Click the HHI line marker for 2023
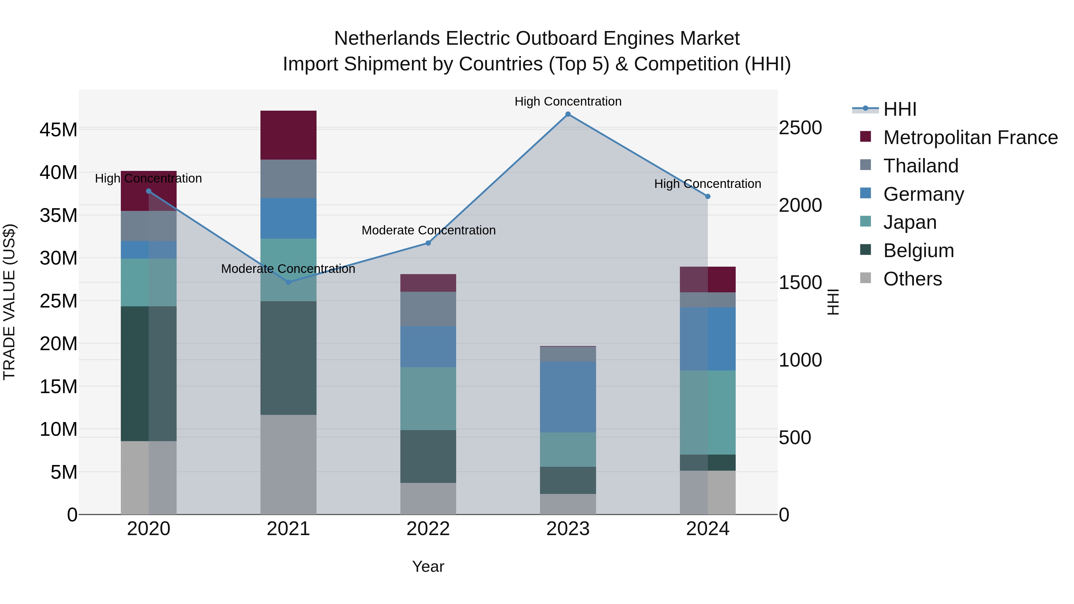(x=568, y=114)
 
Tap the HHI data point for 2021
(x=288, y=282)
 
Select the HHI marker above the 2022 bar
(x=428, y=243)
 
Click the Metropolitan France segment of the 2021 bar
(x=288, y=135)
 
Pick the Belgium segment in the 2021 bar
(x=288, y=358)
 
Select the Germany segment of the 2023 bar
(x=568, y=397)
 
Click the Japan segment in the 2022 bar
(x=428, y=398)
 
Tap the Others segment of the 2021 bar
(x=288, y=464)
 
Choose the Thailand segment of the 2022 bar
(x=428, y=309)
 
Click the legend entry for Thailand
(x=921, y=166)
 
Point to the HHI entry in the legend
(x=900, y=109)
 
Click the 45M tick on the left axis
(x=58, y=130)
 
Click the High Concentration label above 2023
(x=568, y=101)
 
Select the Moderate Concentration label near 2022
(x=428, y=230)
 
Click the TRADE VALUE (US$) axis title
(x=9, y=302)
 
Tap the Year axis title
(x=428, y=566)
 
